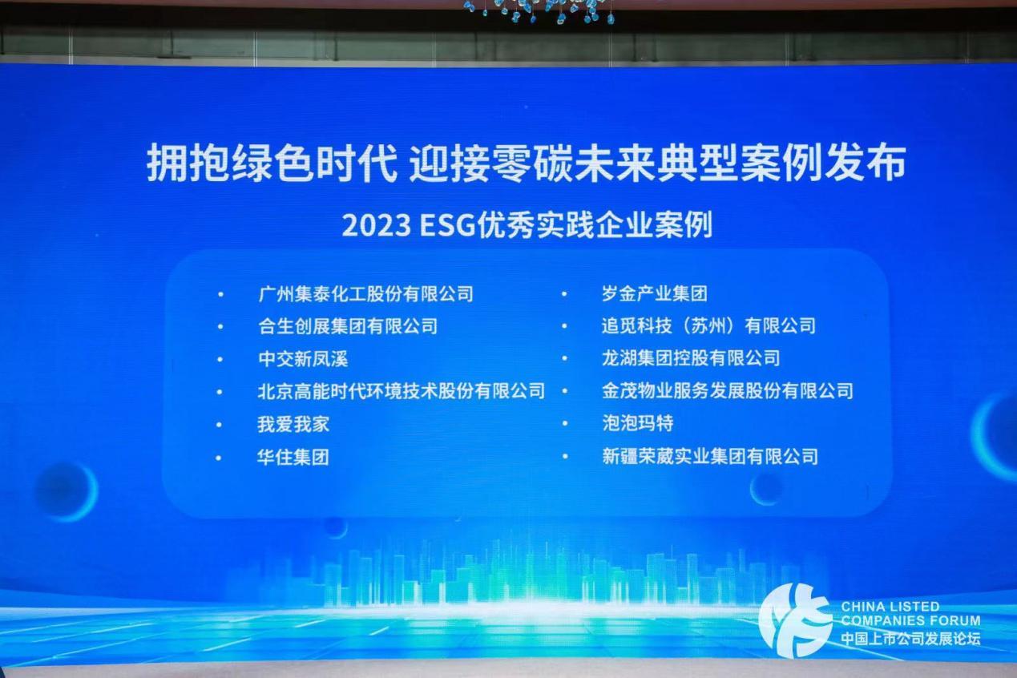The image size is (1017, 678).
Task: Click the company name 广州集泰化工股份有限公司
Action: pos(366,294)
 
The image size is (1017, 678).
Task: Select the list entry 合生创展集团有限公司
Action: pos(348,326)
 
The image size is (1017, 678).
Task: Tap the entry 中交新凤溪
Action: pos(303,359)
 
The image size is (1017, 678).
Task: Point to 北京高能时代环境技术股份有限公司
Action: pos(402,391)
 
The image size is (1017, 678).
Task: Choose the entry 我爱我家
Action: pos(293,424)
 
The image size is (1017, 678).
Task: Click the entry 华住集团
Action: pos(293,457)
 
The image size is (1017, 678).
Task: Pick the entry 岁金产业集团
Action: pos(655,294)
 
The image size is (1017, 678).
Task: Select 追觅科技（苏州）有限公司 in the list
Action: pos(708,325)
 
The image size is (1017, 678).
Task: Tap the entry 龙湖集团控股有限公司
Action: pos(691,358)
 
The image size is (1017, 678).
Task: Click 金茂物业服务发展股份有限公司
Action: pos(728,390)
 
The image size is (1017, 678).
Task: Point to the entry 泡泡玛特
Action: pos(637,423)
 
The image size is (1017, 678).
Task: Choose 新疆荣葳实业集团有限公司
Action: pos(710,456)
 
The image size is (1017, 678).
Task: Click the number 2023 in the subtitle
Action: pos(377,226)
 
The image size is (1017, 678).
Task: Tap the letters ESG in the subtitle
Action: pos(448,226)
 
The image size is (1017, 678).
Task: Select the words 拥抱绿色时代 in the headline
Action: pos(272,163)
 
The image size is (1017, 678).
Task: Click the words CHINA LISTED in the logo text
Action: pos(890,607)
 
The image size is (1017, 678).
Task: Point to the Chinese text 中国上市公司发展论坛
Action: pos(910,639)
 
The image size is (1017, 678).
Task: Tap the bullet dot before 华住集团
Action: pos(219,458)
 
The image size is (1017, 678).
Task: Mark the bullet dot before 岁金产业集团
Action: pos(564,294)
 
